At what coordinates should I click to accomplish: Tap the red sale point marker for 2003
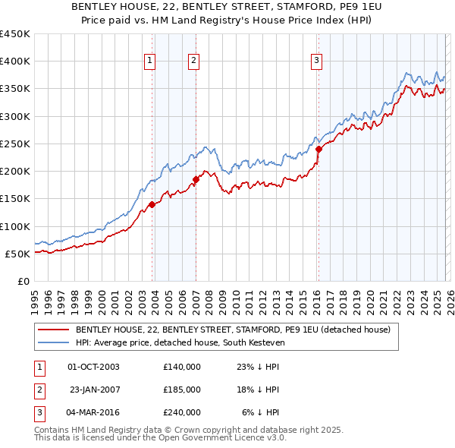pyautogui.click(x=152, y=204)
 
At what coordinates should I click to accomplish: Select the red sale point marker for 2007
pyautogui.click(x=196, y=179)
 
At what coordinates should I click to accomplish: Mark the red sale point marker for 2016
pyautogui.click(x=318, y=150)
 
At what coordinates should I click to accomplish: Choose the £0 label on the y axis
pyautogui.click(x=23, y=281)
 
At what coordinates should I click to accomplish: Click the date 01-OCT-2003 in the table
pyautogui.click(x=93, y=366)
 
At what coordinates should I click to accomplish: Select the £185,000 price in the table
pyautogui.click(x=181, y=389)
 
